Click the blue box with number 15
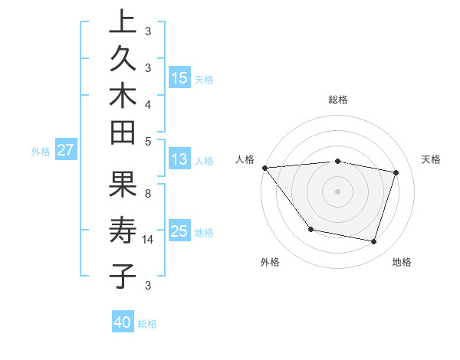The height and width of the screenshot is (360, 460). point(179,77)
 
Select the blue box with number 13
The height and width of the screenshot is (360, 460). point(179,159)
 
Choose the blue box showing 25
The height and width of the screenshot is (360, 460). point(179,231)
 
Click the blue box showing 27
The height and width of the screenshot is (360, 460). point(65,150)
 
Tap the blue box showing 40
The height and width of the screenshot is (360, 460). point(123,322)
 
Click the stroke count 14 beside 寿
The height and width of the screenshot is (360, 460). point(148,239)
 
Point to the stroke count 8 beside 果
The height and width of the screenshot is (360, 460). point(148,194)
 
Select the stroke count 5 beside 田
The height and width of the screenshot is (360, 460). point(148,141)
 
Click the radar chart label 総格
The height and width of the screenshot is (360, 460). point(337,100)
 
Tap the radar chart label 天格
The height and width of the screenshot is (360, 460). point(431,159)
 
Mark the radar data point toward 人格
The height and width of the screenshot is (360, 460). point(264,168)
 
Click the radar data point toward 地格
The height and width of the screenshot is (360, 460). point(373,241)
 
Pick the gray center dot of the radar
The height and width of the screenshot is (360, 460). point(337,191)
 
